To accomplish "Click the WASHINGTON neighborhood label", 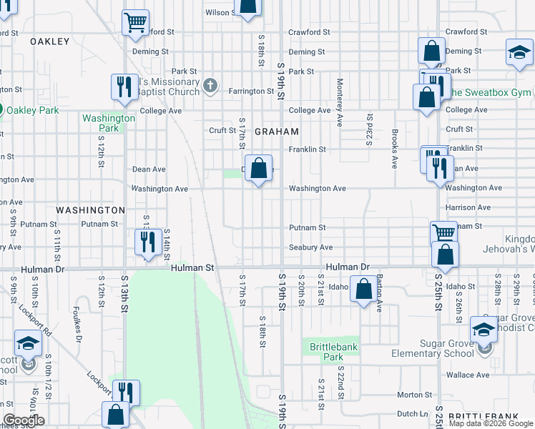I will pyautogui.click(x=90, y=210).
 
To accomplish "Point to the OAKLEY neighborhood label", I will pyautogui.click(x=50, y=41).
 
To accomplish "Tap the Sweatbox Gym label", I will pyautogui.click(x=491, y=93).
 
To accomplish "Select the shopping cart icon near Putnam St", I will pyautogui.click(x=443, y=232).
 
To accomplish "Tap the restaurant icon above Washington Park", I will pyautogui.click(x=124, y=87).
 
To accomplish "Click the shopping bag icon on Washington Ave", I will pyautogui.click(x=259, y=169).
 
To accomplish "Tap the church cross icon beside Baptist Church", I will pyautogui.click(x=210, y=87).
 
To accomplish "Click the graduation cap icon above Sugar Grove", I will pyautogui.click(x=484, y=329).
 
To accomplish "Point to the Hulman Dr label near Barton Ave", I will pyautogui.click(x=347, y=267).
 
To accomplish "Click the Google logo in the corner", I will pyautogui.click(x=24, y=420).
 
